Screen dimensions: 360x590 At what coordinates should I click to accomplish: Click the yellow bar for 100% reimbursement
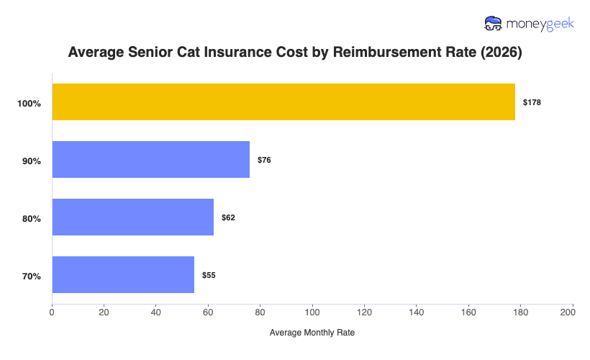coord(283,102)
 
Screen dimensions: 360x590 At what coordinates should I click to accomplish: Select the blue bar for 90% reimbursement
coord(151,159)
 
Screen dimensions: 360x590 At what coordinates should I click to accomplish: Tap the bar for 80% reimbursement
coord(133,217)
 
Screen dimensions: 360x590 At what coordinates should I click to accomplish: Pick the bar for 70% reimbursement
coord(123,274)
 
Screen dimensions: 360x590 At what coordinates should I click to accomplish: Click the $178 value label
coord(532,102)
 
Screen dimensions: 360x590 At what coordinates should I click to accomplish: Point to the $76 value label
coord(264,160)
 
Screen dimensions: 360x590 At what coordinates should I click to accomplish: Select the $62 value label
coord(228,217)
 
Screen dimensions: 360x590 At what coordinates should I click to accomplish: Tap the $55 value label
coord(209,275)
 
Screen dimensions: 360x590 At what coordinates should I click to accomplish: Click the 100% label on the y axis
coord(29,104)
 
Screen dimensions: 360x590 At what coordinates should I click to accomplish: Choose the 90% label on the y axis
coord(32,161)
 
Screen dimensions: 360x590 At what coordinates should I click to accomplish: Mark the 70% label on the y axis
coord(32,276)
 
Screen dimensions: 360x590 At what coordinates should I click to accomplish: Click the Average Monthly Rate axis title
coord(312,333)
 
